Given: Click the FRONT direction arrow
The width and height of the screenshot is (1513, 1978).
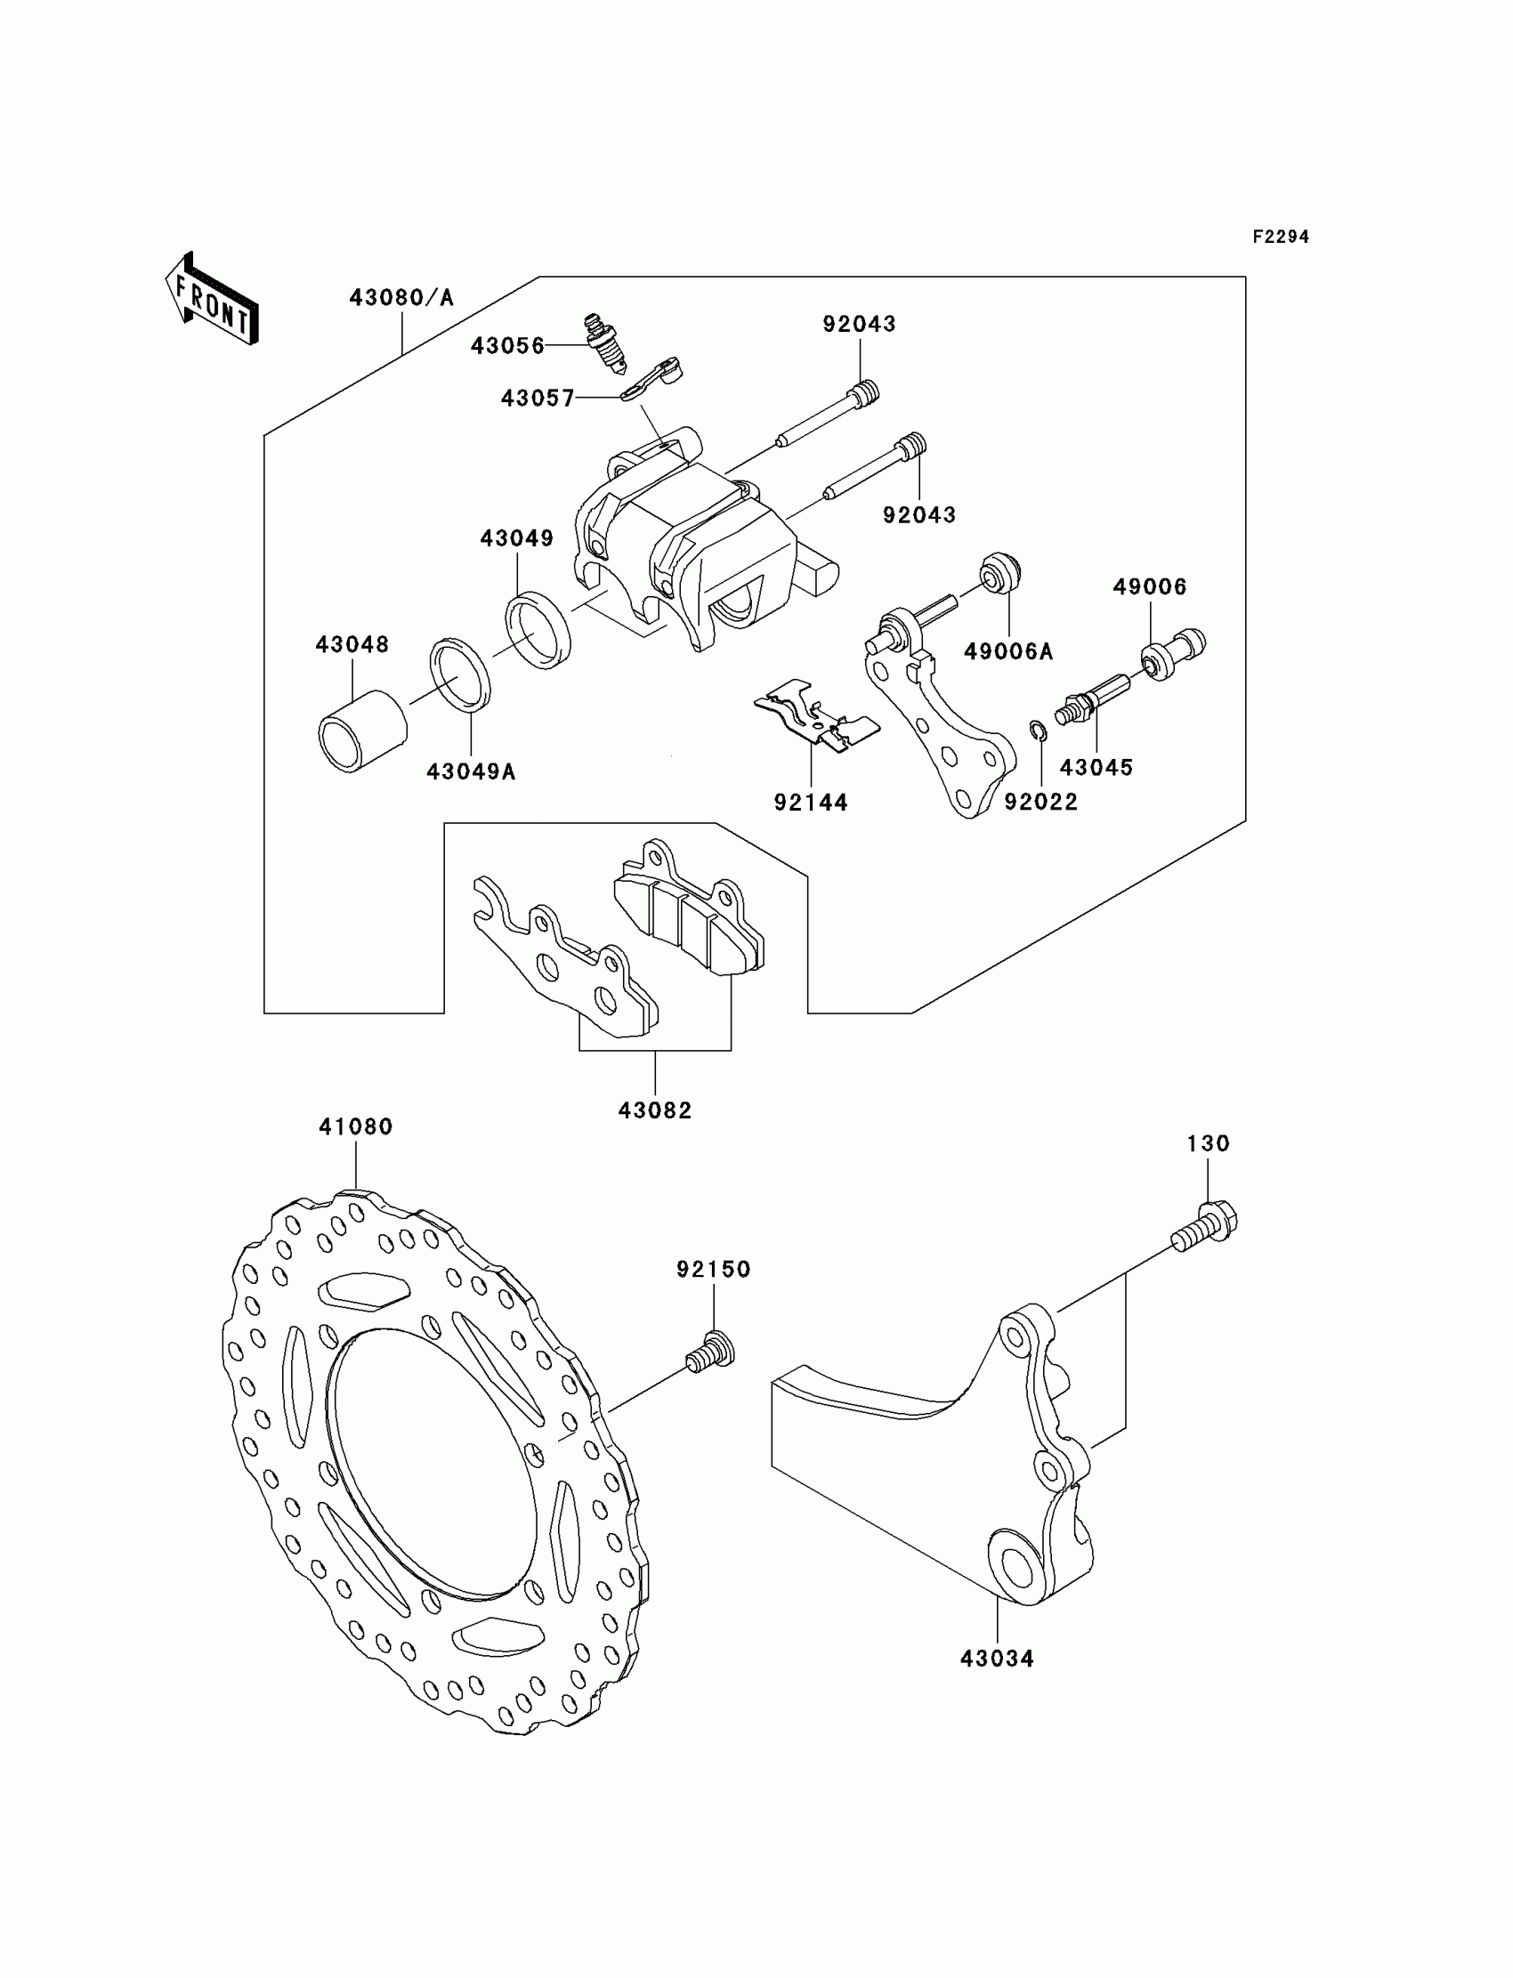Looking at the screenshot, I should tap(213, 300).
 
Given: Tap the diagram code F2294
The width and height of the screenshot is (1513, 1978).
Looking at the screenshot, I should tap(1280, 237).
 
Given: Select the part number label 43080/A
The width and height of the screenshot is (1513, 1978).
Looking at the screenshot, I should tap(401, 297).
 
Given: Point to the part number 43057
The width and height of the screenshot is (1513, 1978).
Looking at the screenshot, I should tap(538, 398).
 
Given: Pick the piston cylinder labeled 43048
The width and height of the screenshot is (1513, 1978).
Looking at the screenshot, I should tap(362, 731).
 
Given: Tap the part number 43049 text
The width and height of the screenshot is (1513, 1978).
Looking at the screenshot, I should tap(516, 538).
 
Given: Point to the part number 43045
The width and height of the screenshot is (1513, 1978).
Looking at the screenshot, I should tap(1096, 767).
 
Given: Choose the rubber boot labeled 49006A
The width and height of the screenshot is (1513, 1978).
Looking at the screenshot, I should tap(999, 573).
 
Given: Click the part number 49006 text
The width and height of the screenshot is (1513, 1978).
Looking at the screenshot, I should tap(1149, 587).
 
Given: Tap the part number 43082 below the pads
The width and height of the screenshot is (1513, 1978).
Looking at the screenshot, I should tap(655, 1111).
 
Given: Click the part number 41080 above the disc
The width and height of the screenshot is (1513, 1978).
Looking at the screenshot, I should tap(356, 1126).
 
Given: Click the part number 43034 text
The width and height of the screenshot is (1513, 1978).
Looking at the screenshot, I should tap(997, 1659).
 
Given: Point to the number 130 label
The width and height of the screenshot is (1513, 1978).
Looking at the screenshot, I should tap(1208, 1143).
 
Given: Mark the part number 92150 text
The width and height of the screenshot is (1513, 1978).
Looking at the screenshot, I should tap(713, 1269).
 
